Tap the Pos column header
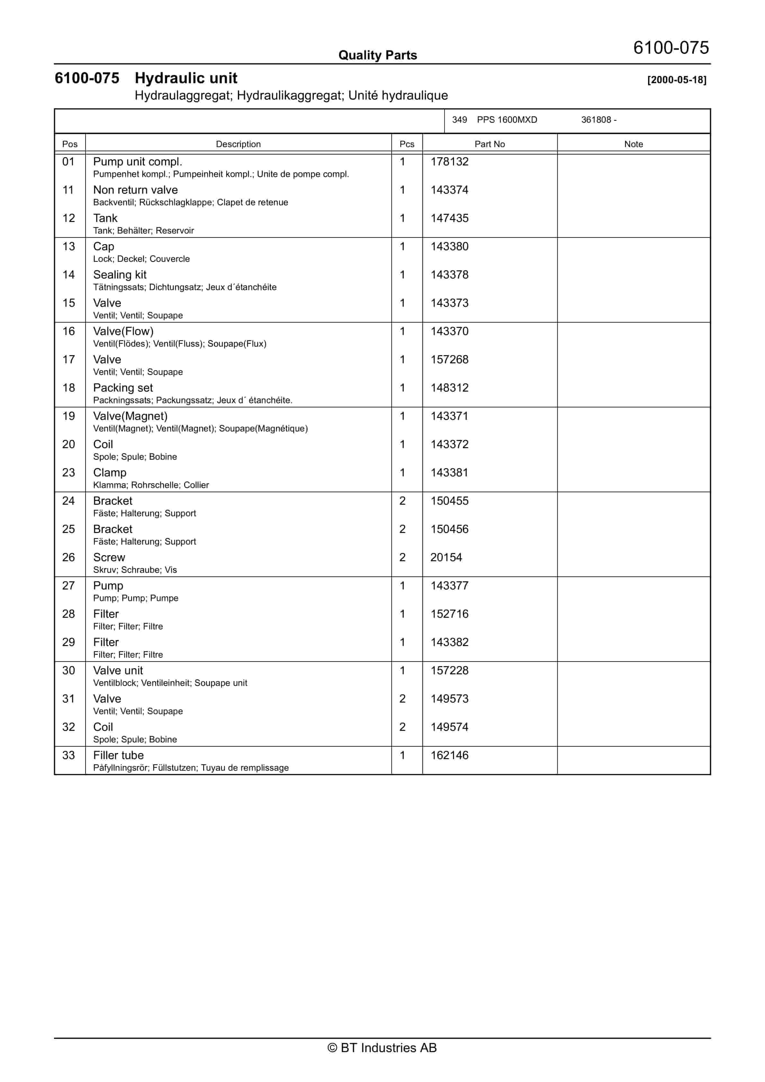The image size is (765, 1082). (70, 144)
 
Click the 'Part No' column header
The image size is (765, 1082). (489, 144)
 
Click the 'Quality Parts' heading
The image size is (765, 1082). (377, 55)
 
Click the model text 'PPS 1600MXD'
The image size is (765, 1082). (507, 120)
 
